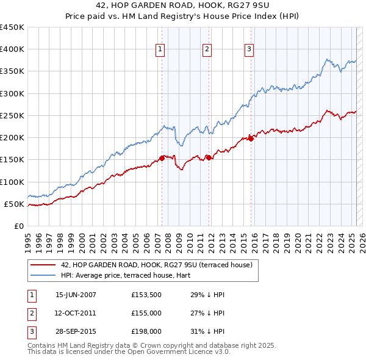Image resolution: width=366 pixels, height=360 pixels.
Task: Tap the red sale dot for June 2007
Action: coord(162,158)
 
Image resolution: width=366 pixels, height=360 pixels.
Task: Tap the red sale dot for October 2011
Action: coord(209,157)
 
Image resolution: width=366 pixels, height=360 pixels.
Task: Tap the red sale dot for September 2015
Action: coord(251,139)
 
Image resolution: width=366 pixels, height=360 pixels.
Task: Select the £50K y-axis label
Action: coord(14,204)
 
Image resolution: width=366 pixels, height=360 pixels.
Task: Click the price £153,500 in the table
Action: coord(145,294)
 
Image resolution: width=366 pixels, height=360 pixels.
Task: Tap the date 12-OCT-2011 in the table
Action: coord(76,313)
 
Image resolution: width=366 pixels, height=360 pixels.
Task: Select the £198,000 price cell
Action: coord(145,332)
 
